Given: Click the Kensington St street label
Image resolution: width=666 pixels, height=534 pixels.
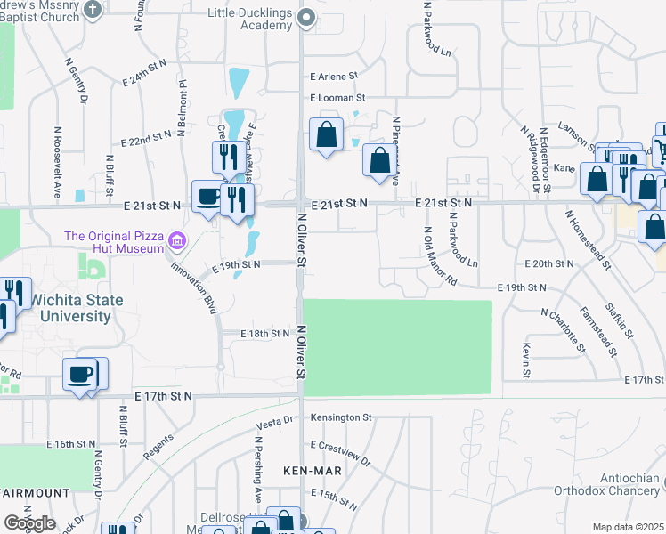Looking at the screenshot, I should [x=341, y=417].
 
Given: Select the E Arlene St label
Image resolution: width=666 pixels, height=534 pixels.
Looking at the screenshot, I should [x=333, y=77].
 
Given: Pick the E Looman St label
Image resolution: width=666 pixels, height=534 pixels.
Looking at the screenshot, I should [x=337, y=97].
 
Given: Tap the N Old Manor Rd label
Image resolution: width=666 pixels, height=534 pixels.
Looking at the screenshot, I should [x=440, y=257].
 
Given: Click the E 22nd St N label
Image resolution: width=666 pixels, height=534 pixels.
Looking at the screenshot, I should [x=145, y=140].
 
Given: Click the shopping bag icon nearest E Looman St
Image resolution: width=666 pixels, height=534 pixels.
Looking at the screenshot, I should [x=327, y=134].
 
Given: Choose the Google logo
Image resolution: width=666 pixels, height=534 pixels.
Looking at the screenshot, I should [x=29, y=523].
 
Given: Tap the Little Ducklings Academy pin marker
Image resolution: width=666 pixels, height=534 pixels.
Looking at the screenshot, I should [x=306, y=17].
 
